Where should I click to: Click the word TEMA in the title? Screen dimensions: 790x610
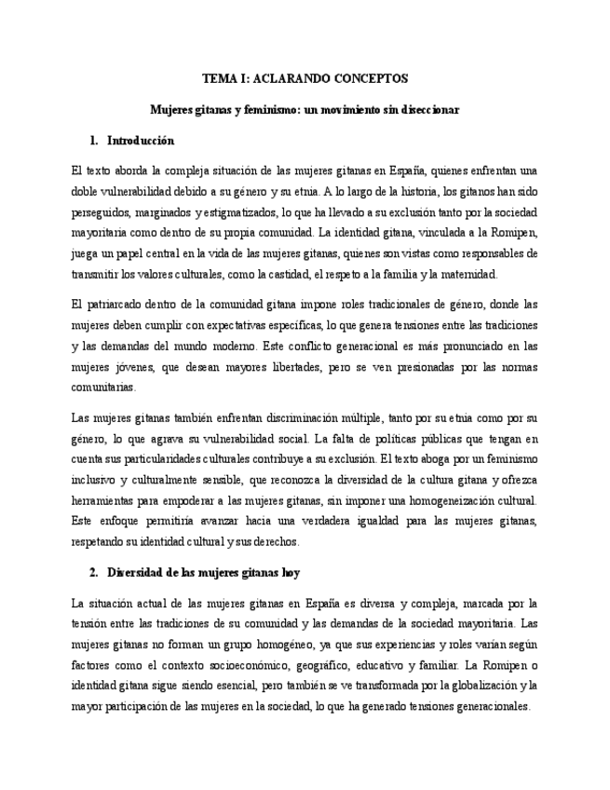click(221, 79)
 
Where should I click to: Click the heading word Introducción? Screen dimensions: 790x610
click(141, 141)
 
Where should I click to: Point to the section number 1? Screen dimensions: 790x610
click(94, 141)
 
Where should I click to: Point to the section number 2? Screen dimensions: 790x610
click(94, 571)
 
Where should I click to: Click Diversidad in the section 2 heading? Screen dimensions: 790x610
click(138, 571)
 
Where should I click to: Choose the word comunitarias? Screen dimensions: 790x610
click(103, 387)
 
